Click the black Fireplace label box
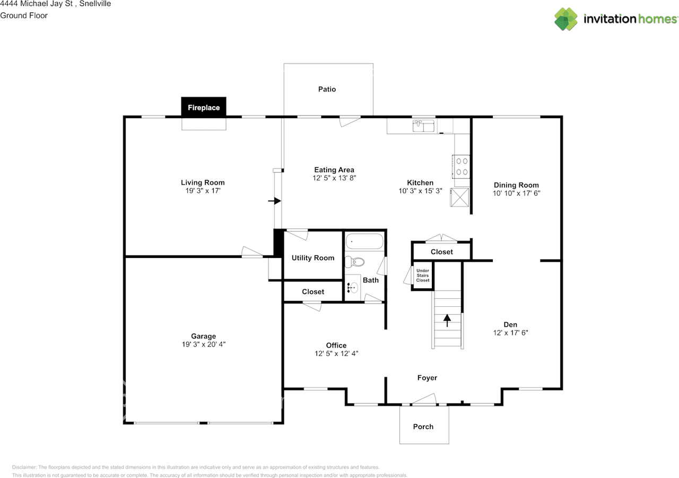(204, 107)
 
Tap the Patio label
(327, 89)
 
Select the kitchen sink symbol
(423, 126)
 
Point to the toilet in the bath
(355, 262)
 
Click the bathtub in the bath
(364, 242)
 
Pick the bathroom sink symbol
(353, 288)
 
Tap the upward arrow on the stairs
(447, 319)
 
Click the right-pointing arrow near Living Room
(274, 201)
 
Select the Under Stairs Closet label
(422, 276)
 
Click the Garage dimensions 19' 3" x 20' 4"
(204, 344)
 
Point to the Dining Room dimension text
(516, 193)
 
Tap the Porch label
(423, 427)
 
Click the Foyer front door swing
(424, 399)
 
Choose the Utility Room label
(313, 258)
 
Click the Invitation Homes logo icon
(566, 19)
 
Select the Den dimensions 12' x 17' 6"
(510, 333)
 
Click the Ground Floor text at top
(24, 15)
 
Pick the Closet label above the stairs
(441, 252)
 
